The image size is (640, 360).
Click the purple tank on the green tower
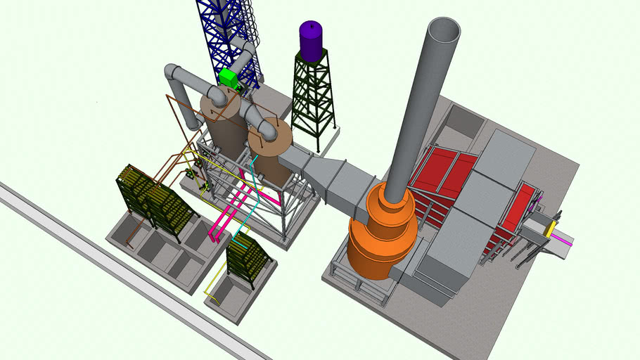[x=310, y=41]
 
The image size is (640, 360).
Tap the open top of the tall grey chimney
[x=443, y=31]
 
